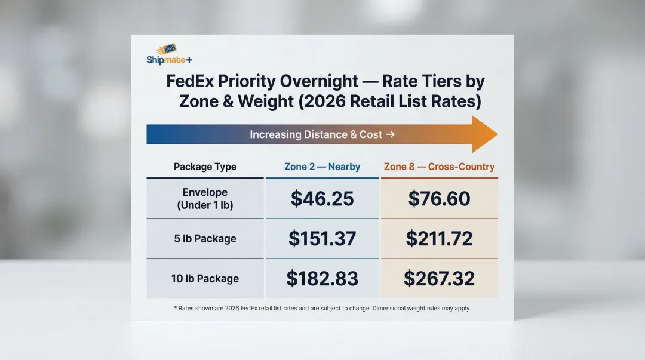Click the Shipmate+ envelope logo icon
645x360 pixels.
(x=167, y=48)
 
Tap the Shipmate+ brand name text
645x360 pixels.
(x=169, y=60)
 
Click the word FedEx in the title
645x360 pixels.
(x=190, y=81)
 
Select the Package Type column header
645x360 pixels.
(x=205, y=167)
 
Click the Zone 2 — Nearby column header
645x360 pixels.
(x=322, y=167)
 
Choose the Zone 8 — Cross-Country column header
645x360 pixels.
(x=439, y=167)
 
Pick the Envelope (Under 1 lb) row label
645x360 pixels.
(x=205, y=199)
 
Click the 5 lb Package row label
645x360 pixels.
(x=205, y=239)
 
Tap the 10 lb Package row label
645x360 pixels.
(x=205, y=278)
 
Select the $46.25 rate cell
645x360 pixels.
(x=322, y=199)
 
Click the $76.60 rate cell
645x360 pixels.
(x=439, y=199)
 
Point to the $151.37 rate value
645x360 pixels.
(x=322, y=239)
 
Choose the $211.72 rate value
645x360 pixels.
(x=439, y=239)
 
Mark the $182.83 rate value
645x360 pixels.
(x=322, y=278)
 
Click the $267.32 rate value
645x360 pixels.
(x=439, y=278)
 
